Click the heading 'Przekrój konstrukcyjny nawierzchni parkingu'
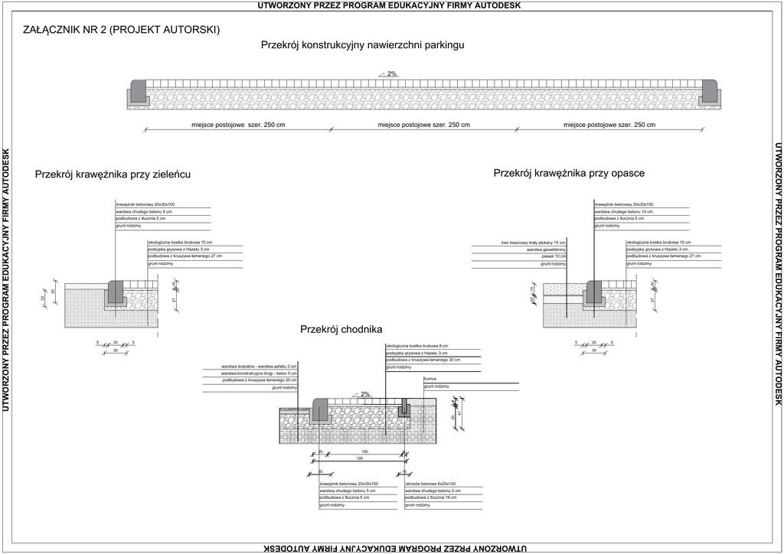(x=362, y=45)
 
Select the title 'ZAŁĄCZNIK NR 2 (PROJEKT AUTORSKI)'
(x=122, y=30)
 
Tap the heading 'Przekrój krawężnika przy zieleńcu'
(x=113, y=174)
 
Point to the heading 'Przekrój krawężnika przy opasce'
(x=569, y=174)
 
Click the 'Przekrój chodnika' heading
(x=341, y=330)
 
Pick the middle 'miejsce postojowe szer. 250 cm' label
(x=424, y=125)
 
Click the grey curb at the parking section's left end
(x=139, y=92)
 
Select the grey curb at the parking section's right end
(x=710, y=92)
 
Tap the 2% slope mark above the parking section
(x=391, y=74)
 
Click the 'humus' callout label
(x=430, y=379)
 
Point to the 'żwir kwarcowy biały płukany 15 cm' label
(x=533, y=243)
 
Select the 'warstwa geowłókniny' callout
(x=546, y=249)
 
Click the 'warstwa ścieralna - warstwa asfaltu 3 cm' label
(x=259, y=367)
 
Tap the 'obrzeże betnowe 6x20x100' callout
(x=430, y=484)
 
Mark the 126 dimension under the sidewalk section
(x=359, y=459)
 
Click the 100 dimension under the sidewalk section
(x=364, y=452)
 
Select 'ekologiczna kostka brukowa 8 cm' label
(x=417, y=346)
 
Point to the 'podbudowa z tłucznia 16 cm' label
(x=430, y=498)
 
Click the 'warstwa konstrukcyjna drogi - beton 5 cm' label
(x=259, y=373)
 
